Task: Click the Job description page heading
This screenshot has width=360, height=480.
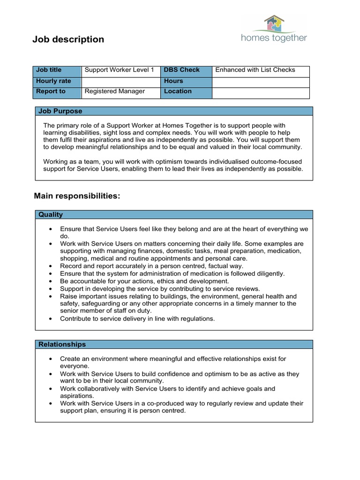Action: coord(68,39)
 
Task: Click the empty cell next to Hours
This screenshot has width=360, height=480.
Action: coord(261,81)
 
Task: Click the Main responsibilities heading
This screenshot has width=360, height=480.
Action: coord(77,196)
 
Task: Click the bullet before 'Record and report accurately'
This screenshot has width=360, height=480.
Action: coord(51,266)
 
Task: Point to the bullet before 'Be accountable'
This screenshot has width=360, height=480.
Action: coord(51,281)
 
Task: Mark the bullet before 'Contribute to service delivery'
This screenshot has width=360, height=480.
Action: coord(51,319)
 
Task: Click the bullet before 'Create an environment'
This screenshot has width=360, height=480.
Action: coord(51,359)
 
